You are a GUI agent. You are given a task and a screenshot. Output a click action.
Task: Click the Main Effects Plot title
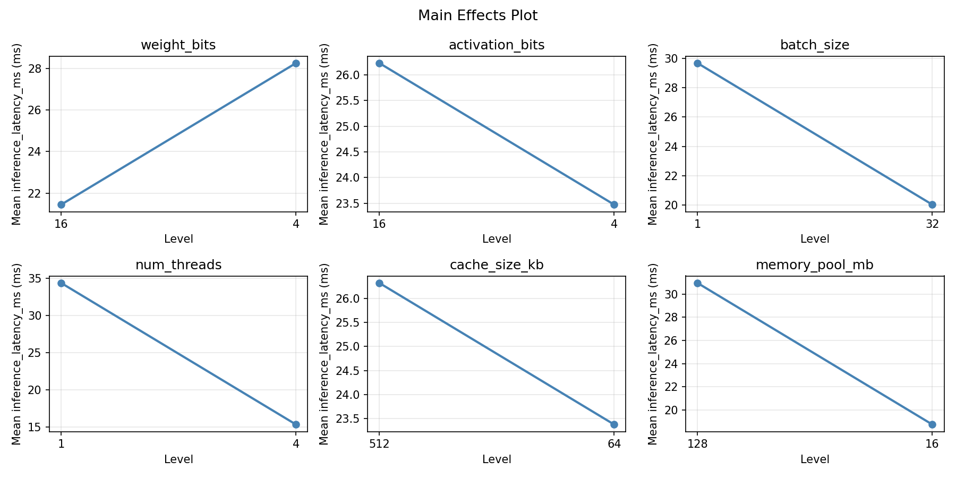pyautogui.click(x=477, y=16)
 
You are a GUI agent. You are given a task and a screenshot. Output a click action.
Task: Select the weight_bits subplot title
pyautogui.click(x=178, y=45)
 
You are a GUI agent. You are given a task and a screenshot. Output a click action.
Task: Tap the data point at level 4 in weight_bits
pyautogui.click(x=296, y=63)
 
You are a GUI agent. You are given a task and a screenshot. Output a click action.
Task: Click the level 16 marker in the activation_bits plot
pyautogui.click(x=379, y=63)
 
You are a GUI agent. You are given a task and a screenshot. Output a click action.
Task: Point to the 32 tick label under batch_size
pyautogui.click(x=932, y=224)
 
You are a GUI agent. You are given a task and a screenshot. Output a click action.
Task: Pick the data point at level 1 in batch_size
pyautogui.click(x=697, y=63)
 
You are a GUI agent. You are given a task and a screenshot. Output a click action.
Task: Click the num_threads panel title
pyautogui.click(x=178, y=265)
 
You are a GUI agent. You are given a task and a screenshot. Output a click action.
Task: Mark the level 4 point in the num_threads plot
pyautogui.click(x=296, y=424)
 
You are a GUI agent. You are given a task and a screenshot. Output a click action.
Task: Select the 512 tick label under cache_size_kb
pyautogui.click(x=379, y=444)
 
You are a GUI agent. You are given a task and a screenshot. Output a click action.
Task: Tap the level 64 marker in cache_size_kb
pyautogui.click(x=614, y=424)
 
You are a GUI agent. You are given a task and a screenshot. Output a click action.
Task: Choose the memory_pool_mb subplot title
pyautogui.click(x=814, y=265)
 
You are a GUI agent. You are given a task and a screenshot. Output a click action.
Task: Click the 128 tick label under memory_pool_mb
pyautogui.click(x=697, y=444)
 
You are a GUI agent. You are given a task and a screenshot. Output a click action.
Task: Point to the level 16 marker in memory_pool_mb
pyautogui.click(x=932, y=424)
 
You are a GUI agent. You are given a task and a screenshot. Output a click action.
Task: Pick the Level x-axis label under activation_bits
pyautogui.click(x=497, y=239)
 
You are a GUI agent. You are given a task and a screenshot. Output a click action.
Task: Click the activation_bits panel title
pyautogui.click(x=497, y=45)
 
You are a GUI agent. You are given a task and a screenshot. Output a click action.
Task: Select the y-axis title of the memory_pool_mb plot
pyautogui.click(x=653, y=354)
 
